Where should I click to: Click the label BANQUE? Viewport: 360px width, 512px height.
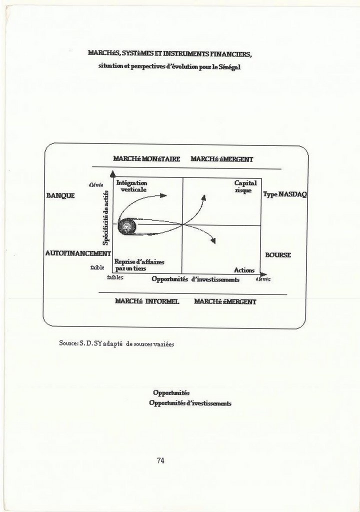pyautogui.click(x=60, y=195)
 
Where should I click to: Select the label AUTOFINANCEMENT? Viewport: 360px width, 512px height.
pyautogui.click(x=78, y=253)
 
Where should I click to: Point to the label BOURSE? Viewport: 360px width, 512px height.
pyautogui.click(x=278, y=255)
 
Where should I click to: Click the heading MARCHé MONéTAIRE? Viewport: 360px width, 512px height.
pyautogui.click(x=146, y=159)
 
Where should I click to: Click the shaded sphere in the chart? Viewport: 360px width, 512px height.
pyautogui.click(x=127, y=226)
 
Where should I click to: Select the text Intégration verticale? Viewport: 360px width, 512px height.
pyautogui.click(x=132, y=186)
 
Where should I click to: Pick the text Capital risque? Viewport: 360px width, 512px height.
pyautogui.click(x=245, y=187)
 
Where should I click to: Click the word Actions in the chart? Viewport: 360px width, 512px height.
pyautogui.click(x=244, y=270)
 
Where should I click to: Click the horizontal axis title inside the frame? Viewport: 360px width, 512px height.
pyautogui.click(x=195, y=279)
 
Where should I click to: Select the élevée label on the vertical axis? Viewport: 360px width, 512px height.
pyautogui.click(x=96, y=185)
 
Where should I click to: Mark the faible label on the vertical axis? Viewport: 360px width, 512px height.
pyautogui.click(x=97, y=267)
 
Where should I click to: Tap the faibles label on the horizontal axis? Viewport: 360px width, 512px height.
pyautogui.click(x=115, y=277)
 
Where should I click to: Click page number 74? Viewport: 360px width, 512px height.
pyautogui.click(x=160, y=460)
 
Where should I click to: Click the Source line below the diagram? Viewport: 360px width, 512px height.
pyautogui.click(x=116, y=344)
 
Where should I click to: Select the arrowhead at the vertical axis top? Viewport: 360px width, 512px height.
pyautogui.click(x=113, y=174)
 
